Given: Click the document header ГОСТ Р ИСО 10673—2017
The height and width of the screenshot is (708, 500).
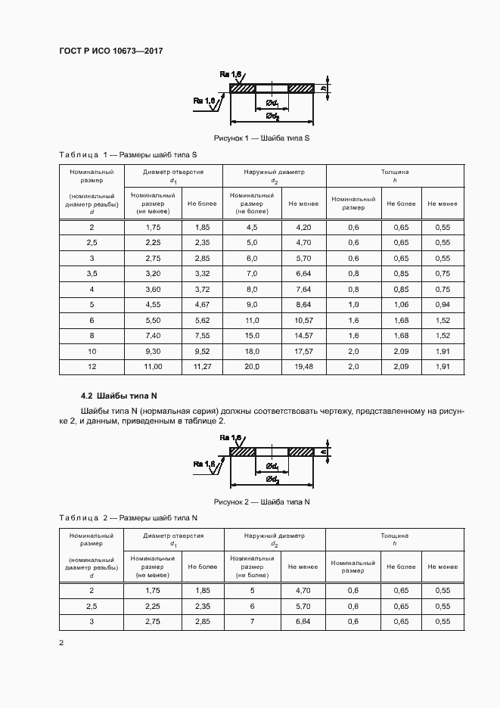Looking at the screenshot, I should (x=111, y=51).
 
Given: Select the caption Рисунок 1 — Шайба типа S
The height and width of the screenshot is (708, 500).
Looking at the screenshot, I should (x=262, y=138).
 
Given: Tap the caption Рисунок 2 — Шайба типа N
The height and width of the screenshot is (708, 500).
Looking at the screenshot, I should (x=262, y=501).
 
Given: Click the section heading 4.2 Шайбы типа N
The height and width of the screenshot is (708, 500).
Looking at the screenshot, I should (x=118, y=396).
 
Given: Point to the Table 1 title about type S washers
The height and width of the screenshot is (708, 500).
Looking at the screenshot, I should (x=128, y=154).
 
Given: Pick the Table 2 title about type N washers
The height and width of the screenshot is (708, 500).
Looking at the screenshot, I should (x=128, y=517).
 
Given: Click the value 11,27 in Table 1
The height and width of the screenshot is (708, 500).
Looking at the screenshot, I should (x=202, y=366).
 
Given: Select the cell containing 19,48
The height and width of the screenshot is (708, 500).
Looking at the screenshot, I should (x=303, y=366).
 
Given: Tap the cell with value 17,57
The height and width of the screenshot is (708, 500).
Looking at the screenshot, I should (x=303, y=352).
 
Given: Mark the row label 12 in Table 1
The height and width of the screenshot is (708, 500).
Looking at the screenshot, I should (x=92, y=366).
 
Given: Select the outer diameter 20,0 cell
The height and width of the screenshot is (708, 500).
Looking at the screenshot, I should (x=252, y=366).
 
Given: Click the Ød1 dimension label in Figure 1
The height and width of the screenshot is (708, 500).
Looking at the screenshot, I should (x=273, y=103).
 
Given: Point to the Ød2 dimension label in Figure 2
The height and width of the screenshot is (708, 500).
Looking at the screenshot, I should (x=272, y=480).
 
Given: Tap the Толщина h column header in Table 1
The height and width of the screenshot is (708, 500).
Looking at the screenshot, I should (x=395, y=176).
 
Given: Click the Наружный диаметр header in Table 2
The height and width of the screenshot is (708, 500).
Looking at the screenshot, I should (x=274, y=539).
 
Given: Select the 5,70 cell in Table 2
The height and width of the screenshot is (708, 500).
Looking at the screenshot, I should (x=303, y=607).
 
